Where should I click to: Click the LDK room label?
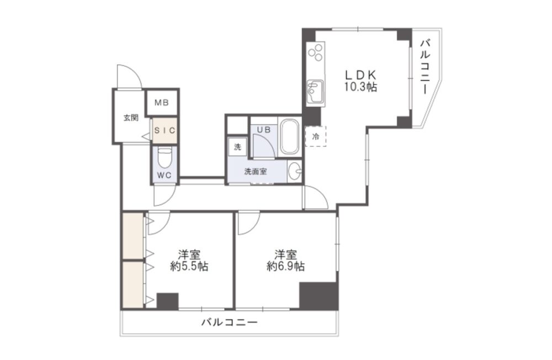coord(360,75)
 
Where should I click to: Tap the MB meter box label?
coord(162,103)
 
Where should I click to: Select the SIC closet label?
coord(164,130)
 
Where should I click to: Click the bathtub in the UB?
coord(289,137)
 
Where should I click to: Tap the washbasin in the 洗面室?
coord(295,172)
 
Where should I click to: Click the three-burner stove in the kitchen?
coord(316,53)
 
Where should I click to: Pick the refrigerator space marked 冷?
coord(315,136)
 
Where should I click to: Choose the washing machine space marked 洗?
coord(237,146)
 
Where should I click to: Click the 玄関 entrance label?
coord(131,118)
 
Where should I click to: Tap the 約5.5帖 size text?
coord(189,266)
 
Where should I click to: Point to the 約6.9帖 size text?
coord(285,266)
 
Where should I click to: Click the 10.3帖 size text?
coord(360,87)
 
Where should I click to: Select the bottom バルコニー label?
coord(230,322)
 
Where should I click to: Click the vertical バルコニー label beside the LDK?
coord(426,67)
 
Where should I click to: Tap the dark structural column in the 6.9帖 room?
coord(319,296)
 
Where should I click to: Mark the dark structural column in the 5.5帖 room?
coord(168,301)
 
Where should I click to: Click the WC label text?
coord(164,176)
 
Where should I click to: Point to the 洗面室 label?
coord(256,172)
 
